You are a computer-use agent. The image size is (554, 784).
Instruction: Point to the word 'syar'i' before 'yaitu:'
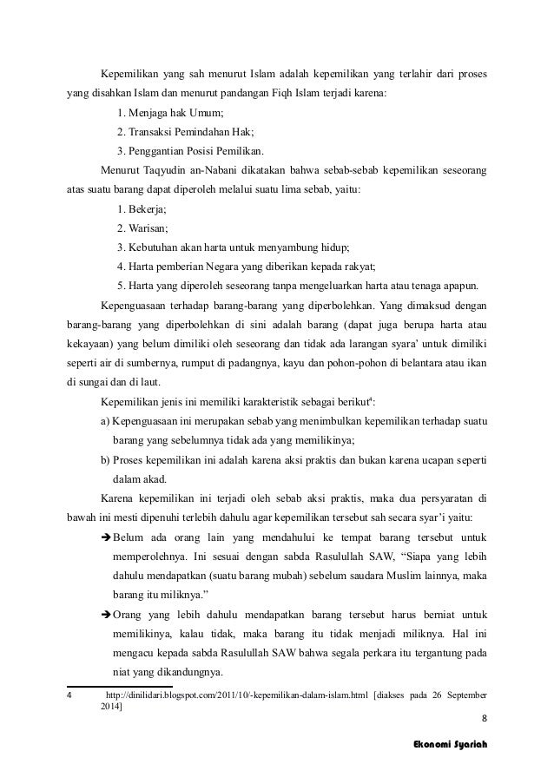coord(441,517)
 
